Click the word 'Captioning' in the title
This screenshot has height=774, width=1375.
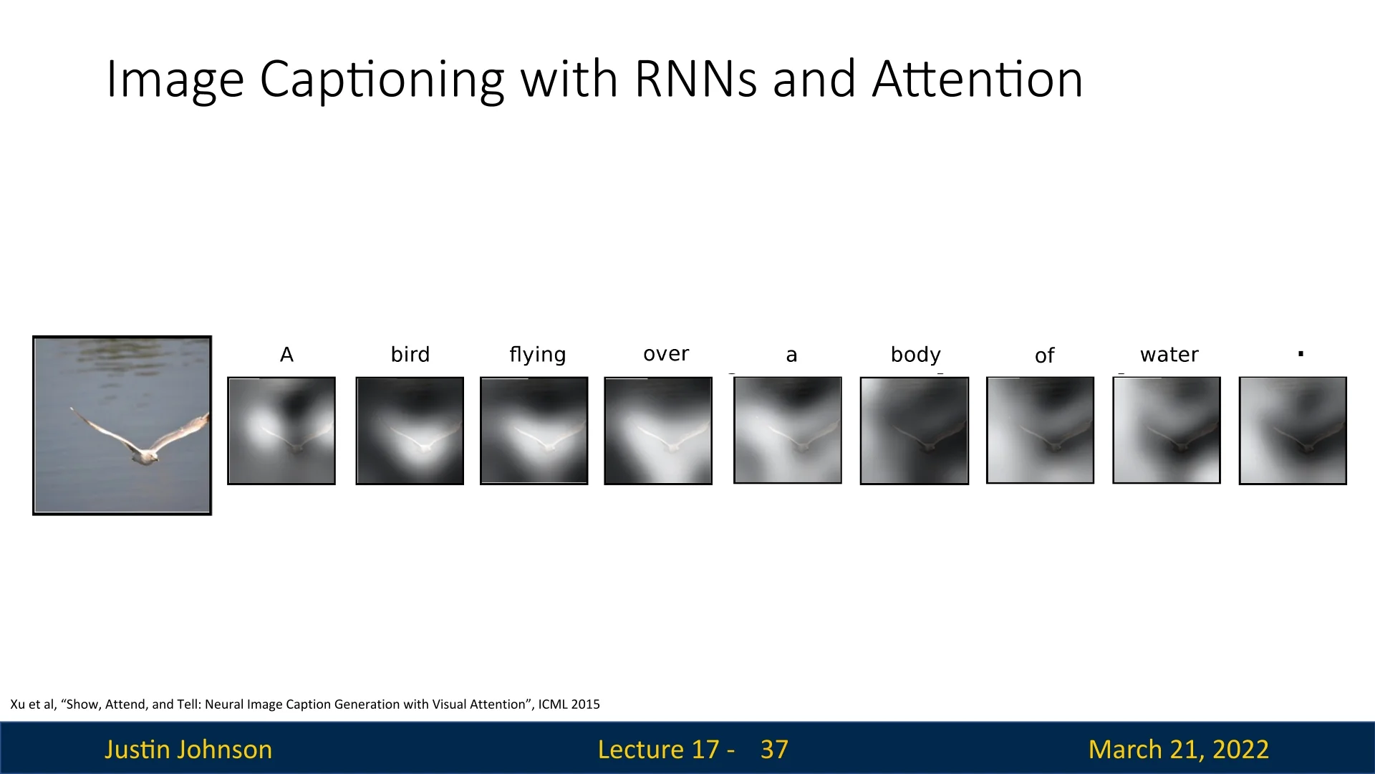[382, 80]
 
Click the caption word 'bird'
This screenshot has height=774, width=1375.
[410, 354]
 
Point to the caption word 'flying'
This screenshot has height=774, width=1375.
[538, 355]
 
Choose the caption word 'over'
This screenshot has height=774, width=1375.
[666, 354]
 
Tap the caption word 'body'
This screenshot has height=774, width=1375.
[915, 355]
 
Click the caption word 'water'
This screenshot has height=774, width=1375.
[1169, 355]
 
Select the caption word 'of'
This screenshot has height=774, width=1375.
[1044, 355]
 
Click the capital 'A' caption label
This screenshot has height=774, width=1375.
[286, 355]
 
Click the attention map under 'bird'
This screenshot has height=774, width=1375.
[410, 431]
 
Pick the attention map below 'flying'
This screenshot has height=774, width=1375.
[534, 431]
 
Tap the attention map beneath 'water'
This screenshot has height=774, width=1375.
[1167, 430]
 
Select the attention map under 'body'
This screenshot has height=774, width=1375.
[915, 431]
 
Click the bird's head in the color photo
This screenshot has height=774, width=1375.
[149, 457]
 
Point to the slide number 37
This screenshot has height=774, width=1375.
[774, 750]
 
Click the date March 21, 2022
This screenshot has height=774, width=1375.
[1179, 750]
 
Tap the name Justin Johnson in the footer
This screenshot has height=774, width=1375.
[188, 750]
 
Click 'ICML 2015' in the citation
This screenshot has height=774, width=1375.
[569, 704]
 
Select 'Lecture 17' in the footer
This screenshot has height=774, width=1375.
[658, 750]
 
